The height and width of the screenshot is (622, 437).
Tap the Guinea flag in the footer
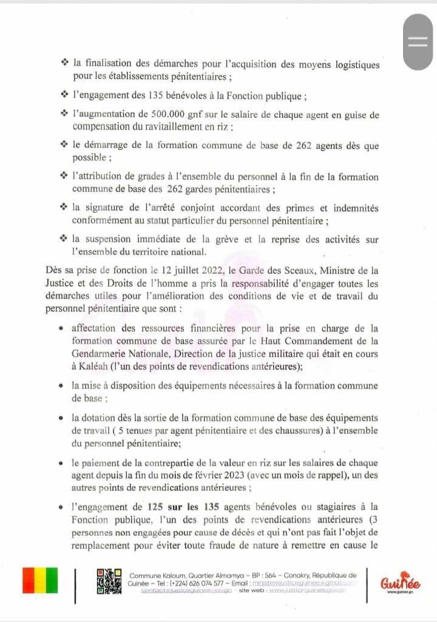pos(40,580)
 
